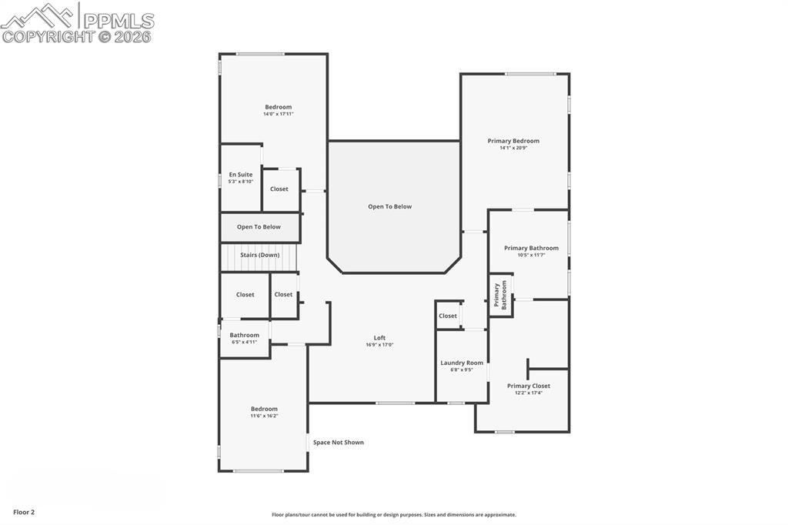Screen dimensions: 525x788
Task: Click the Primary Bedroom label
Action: coord(513,141)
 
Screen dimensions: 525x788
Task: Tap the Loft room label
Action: coord(379,338)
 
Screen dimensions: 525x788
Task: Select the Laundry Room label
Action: coord(462,363)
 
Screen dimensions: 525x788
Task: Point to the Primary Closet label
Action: coord(529,386)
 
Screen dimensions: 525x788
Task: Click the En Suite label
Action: coord(240,175)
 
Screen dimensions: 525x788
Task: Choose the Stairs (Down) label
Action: coord(259,255)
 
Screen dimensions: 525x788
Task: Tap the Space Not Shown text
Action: coord(338,443)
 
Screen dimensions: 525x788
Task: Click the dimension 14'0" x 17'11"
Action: coord(279,114)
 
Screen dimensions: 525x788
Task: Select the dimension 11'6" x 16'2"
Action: coord(264,416)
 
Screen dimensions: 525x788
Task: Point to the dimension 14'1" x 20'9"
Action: coord(513,148)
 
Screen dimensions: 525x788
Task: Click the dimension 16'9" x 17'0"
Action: coord(379,345)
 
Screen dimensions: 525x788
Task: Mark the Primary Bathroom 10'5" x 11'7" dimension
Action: coord(531,255)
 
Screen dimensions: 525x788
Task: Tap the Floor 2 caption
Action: coord(24,512)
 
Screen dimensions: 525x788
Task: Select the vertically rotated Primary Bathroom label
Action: coord(500,295)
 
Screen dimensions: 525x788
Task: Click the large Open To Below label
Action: coord(389,206)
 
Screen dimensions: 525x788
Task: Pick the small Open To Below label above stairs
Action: coord(259,227)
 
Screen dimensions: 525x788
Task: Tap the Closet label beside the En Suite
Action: coord(279,189)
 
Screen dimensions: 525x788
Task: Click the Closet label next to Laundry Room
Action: coord(448,316)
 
